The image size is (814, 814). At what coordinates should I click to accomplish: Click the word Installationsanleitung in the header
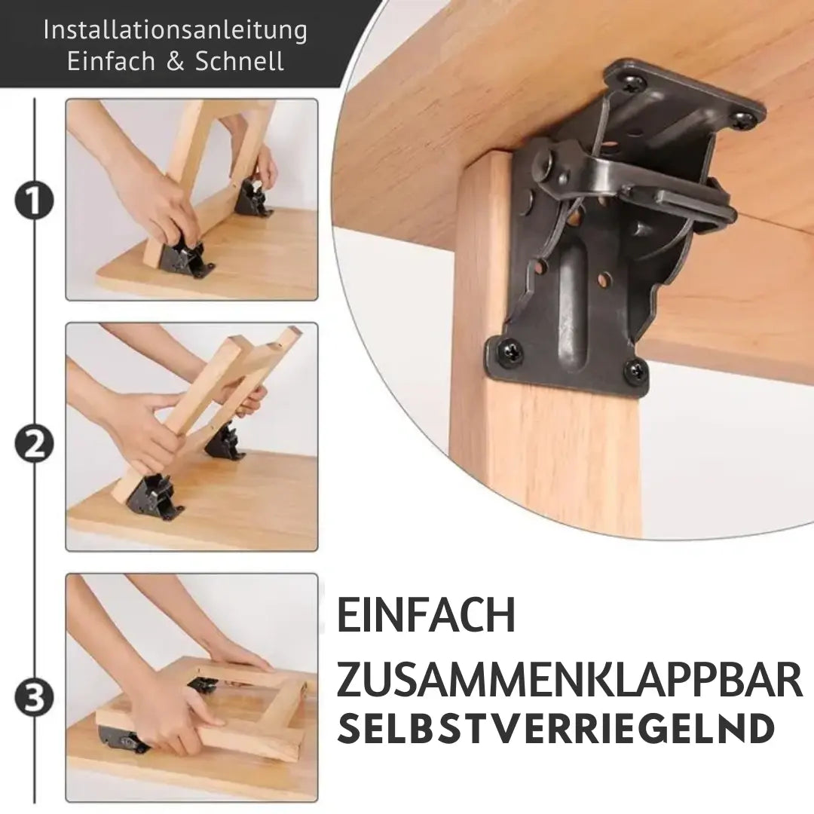point(176,31)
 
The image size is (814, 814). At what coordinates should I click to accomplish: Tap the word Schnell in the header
point(240,61)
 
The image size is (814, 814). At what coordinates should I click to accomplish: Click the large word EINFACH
point(426,615)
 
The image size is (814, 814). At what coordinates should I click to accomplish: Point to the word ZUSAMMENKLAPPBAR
point(569,680)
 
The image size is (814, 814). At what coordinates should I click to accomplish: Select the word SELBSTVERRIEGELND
point(556,730)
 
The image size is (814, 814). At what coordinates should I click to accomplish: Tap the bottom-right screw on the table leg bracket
point(635,370)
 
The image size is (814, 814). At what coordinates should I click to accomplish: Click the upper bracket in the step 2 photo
point(224,443)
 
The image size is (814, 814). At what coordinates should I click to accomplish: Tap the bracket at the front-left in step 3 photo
point(123,739)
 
